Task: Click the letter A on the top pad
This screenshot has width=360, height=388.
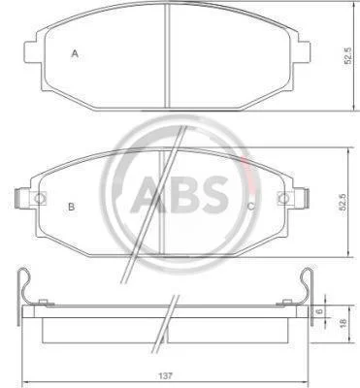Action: pos(75,53)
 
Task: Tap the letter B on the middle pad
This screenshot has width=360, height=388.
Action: pos(72,207)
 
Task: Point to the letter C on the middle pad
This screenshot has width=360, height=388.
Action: pos(251,207)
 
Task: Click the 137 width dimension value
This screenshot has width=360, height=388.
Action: pos(166,376)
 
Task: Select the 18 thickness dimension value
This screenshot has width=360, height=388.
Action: pos(344,322)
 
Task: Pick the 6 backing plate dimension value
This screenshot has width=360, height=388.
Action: pos(320,311)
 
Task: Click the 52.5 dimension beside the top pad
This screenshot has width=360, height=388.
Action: pos(347,55)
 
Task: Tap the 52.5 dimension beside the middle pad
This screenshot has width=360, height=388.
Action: pos(344,202)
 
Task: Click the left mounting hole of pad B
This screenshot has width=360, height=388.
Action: pos(40,198)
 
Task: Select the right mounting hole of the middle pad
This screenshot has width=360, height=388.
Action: pos(283,198)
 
